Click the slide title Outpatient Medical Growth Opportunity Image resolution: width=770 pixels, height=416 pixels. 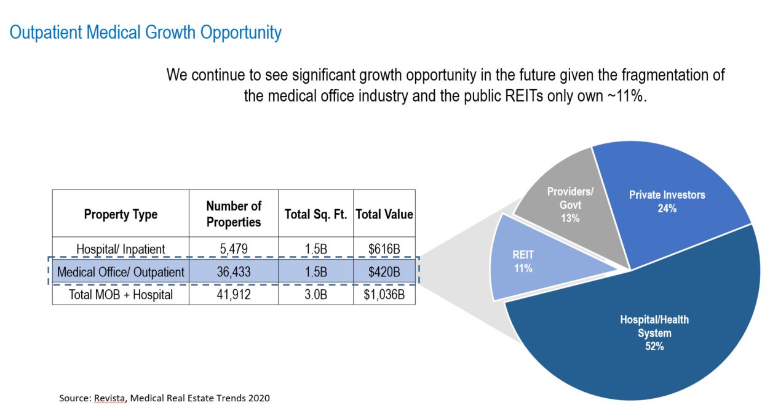point(145,32)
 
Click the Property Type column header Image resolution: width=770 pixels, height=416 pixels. point(121,214)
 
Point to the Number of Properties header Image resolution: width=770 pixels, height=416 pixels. point(234,214)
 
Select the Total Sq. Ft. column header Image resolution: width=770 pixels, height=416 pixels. point(316,214)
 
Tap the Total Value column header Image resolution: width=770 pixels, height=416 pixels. point(384,214)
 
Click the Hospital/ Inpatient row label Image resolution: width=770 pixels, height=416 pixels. point(121,249)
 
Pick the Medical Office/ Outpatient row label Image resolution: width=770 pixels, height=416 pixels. point(121,271)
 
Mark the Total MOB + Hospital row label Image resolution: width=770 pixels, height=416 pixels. point(121,295)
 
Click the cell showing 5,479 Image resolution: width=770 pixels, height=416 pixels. point(234,249)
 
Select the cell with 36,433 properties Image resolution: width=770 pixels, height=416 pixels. point(234,271)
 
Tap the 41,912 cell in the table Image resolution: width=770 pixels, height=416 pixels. point(234,295)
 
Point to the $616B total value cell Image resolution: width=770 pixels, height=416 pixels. point(384,249)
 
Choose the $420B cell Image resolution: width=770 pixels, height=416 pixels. point(384,271)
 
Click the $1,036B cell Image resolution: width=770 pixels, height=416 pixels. point(384,295)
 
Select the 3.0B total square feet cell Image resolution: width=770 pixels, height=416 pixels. point(316,295)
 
